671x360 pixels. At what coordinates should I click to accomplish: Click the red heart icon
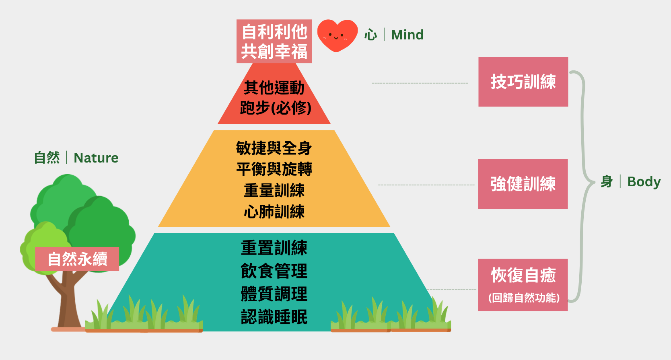[337, 35]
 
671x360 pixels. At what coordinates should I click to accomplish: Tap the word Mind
[407, 35]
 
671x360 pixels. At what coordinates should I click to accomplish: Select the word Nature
[96, 158]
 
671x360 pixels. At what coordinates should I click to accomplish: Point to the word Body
[644, 182]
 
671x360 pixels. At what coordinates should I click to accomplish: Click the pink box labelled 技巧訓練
[523, 82]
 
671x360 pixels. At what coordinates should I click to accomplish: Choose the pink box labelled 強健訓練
[523, 184]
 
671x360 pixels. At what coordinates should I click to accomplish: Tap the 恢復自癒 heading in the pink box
[523, 276]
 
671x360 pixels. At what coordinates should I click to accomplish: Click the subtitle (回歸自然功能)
[523, 298]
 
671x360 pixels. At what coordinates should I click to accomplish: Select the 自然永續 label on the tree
[77, 259]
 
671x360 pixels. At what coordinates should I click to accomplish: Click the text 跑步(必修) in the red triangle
[275, 108]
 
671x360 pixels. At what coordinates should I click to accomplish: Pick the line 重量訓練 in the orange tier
[274, 190]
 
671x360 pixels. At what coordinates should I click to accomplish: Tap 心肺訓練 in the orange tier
[274, 212]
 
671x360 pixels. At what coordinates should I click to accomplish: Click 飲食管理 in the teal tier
[274, 271]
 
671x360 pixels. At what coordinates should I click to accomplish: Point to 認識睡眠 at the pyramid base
[274, 317]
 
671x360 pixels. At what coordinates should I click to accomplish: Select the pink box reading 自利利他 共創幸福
[274, 41]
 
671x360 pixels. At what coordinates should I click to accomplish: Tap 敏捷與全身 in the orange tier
[274, 148]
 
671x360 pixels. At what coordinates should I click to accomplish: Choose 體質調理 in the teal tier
[274, 294]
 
